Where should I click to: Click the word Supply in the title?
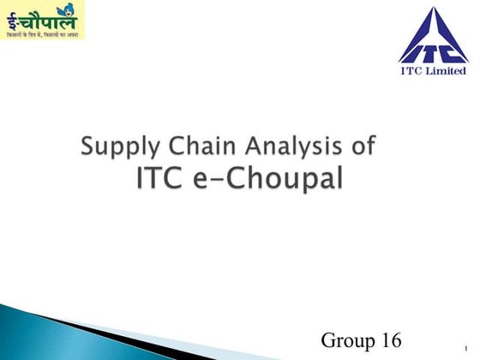click(x=117, y=147)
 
